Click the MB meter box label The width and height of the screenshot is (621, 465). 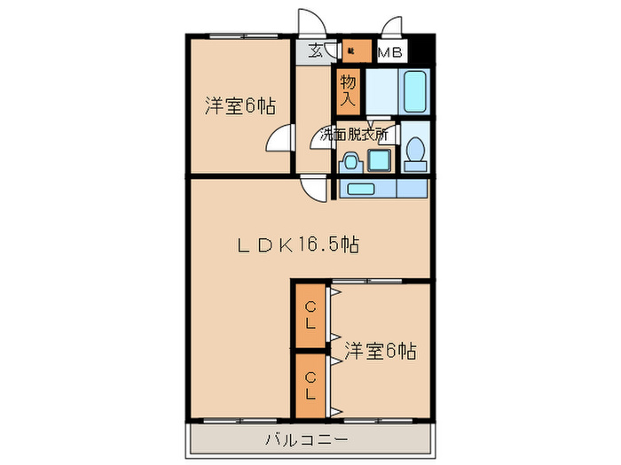click(x=391, y=52)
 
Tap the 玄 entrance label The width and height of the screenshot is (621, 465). click(x=316, y=51)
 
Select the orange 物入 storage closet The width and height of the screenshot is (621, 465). click(x=349, y=89)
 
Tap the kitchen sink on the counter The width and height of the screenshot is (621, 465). click(x=361, y=189)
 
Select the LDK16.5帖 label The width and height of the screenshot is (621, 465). click(x=297, y=245)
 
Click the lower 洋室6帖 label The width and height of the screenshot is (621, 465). click(x=380, y=351)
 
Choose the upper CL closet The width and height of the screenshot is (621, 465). click(x=310, y=315)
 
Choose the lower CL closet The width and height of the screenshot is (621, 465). click(x=310, y=384)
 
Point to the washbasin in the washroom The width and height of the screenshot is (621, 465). click(x=350, y=161)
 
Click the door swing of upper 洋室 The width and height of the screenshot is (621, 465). click(x=282, y=140)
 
